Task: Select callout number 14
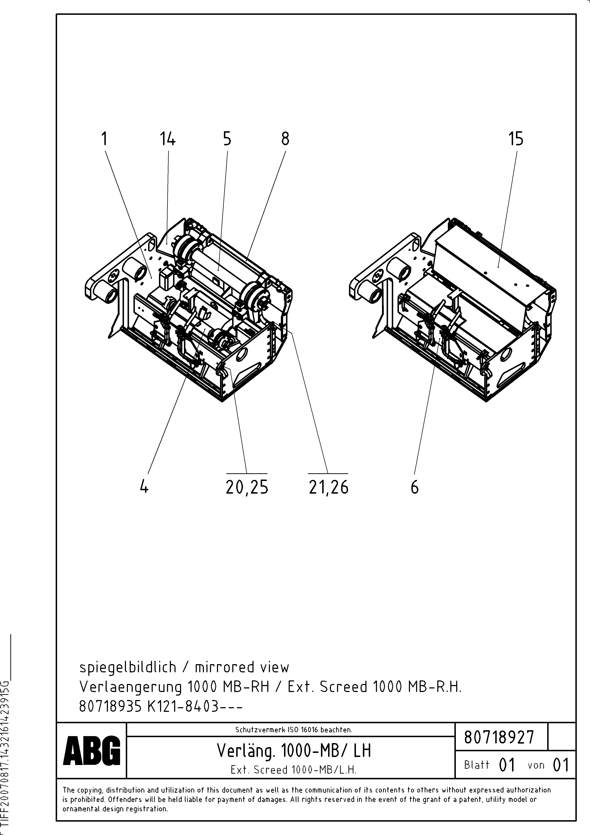167,139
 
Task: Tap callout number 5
227,139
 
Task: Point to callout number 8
285,139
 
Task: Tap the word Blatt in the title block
477,765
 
